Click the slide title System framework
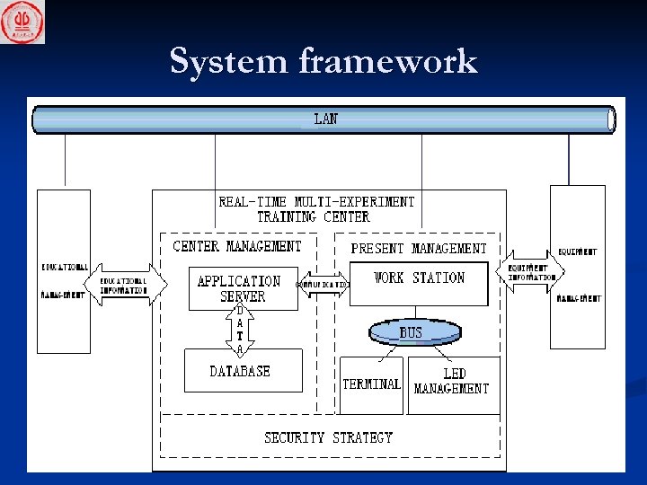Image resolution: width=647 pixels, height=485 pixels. click(323, 61)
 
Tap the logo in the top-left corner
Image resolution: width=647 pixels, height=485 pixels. click(22, 22)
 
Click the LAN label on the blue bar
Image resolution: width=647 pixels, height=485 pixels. click(325, 119)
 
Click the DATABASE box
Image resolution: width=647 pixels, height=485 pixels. click(240, 371)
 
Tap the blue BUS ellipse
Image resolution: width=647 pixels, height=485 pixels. click(410, 332)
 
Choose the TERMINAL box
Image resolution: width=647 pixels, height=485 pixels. click(371, 384)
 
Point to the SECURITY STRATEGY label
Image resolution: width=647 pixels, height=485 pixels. click(328, 437)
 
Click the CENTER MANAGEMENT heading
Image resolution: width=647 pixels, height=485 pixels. click(237, 245)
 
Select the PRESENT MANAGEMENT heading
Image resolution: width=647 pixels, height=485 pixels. click(419, 248)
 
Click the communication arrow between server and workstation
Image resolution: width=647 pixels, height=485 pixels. click(323, 284)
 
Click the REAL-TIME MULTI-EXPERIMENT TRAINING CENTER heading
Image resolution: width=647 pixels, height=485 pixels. click(316, 209)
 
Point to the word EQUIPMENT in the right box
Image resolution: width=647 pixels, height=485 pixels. click(577, 251)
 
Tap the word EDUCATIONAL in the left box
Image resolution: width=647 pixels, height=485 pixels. click(65, 268)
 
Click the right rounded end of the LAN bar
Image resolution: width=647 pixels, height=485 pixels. click(611, 119)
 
